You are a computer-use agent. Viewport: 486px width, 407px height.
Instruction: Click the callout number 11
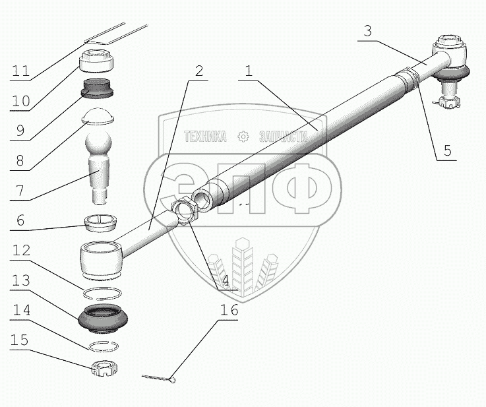click(x=20, y=71)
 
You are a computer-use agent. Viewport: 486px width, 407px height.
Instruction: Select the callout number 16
click(x=226, y=309)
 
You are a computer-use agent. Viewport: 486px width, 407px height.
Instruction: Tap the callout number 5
click(x=446, y=150)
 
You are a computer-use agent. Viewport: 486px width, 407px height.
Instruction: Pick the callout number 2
click(x=197, y=71)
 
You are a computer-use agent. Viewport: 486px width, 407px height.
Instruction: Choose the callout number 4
click(x=226, y=280)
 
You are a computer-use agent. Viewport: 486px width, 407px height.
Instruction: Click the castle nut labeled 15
click(x=103, y=366)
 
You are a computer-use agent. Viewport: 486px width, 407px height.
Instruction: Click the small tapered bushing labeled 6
click(x=101, y=221)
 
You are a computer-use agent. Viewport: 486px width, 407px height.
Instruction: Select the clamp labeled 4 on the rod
click(x=185, y=213)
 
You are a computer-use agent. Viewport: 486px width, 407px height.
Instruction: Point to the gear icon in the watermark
click(x=243, y=137)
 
